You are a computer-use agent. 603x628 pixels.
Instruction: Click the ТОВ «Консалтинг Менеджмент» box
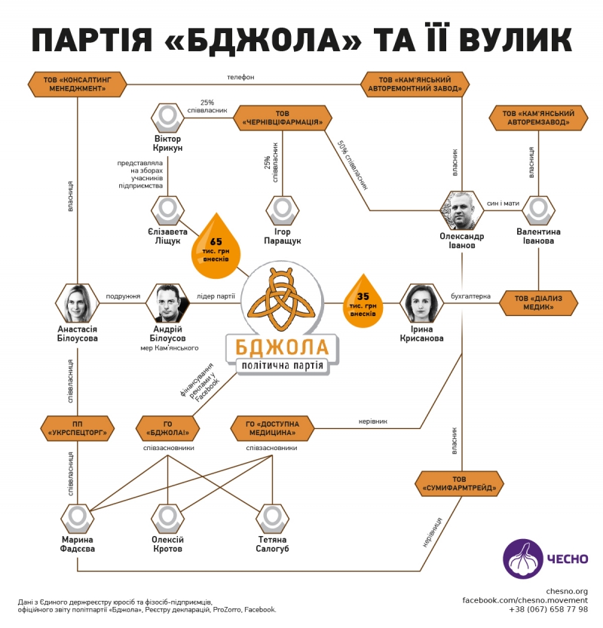77,83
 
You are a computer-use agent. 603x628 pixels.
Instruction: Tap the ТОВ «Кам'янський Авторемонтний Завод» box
415,83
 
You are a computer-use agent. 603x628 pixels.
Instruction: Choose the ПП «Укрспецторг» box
78,427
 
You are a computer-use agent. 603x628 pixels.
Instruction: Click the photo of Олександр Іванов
461,210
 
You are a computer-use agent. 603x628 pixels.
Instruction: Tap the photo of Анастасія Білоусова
78,302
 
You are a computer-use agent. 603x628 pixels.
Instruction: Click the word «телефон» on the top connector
241,77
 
